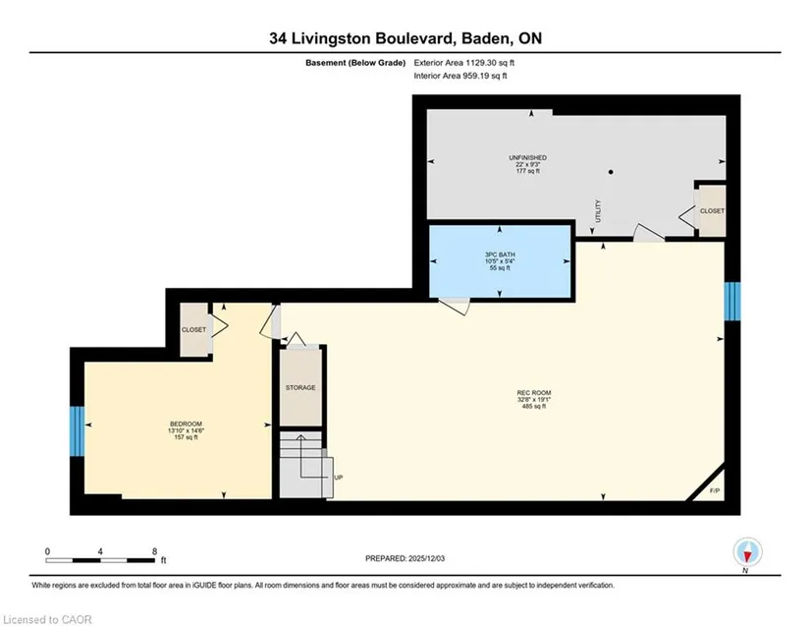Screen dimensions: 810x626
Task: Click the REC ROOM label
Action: click(534, 393)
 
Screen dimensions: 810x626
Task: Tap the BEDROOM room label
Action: click(186, 424)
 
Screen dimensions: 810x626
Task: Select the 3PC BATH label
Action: click(500, 255)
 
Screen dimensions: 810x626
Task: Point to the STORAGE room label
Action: click(300, 388)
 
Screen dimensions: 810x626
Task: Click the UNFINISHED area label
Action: click(527, 157)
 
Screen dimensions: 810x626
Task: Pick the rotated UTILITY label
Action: click(598, 211)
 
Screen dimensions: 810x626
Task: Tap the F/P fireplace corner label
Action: click(715, 490)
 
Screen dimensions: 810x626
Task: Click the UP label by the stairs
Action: click(339, 478)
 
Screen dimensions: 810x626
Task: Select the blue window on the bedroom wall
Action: click(77, 431)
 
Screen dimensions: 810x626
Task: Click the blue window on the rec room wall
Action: click(732, 302)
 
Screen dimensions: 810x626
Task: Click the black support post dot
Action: click(611, 172)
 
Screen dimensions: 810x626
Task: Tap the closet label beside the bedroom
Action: click(193, 330)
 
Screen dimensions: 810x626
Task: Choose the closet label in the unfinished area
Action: click(712, 211)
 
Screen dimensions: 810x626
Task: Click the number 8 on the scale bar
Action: click(154, 551)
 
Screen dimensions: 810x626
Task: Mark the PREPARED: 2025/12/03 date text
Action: click(405, 558)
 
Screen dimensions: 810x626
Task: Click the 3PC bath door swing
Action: click(455, 306)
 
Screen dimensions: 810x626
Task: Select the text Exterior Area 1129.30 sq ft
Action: click(463, 63)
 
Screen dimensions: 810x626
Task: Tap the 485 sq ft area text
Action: click(534, 406)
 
